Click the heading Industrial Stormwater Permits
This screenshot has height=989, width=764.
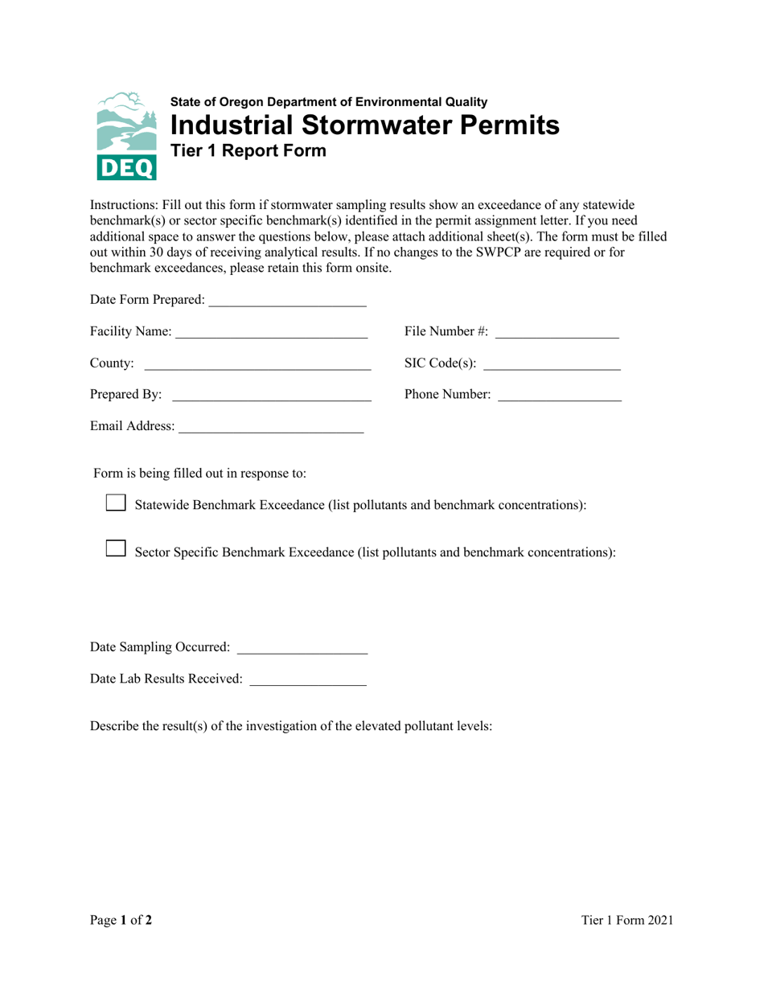coord(364,125)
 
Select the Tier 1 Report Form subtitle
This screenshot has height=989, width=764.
coord(249,150)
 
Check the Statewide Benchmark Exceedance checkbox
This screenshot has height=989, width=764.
coord(117,503)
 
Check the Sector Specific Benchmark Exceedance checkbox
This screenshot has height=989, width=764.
coord(117,549)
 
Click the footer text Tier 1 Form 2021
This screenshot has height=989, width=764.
coord(627,921)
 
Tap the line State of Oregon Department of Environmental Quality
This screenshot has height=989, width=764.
coord(328,102)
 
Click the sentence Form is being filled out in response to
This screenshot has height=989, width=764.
coord(199,473)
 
